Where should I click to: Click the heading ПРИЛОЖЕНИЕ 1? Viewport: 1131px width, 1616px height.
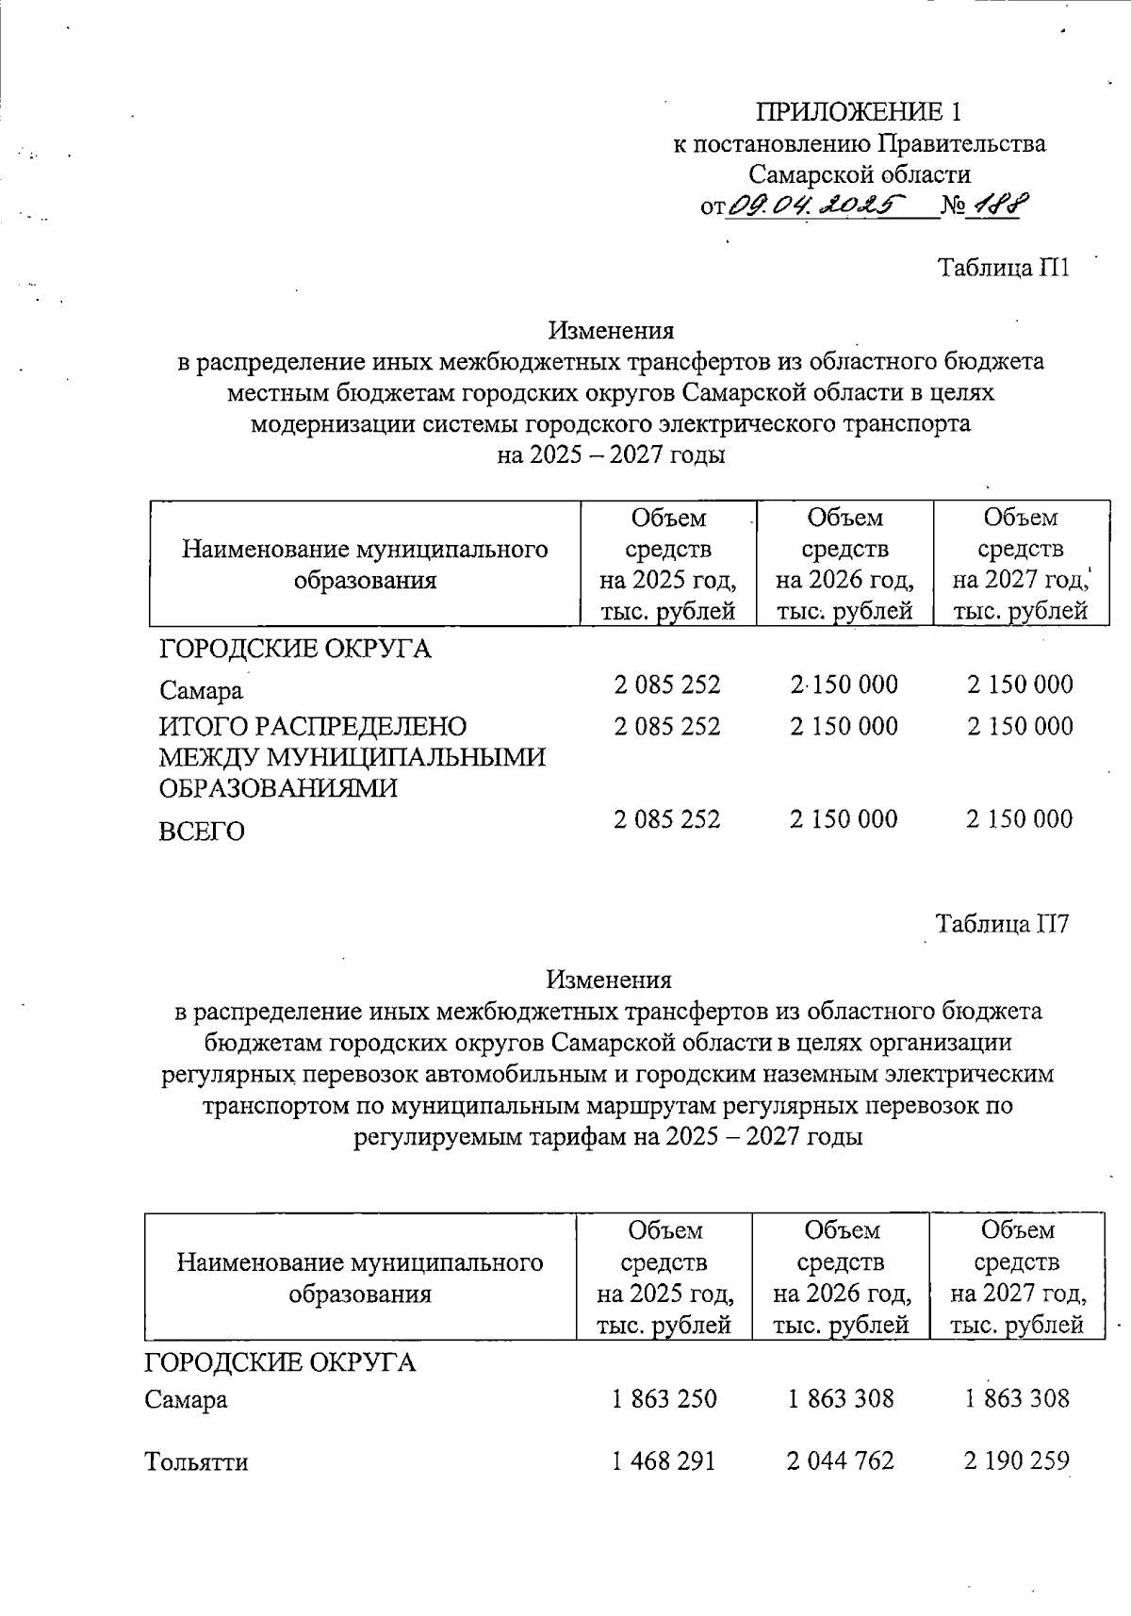pyautogui.click(x=859, y=112)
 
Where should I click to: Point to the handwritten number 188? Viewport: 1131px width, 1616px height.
pyautogui.click(x=1000, y=204)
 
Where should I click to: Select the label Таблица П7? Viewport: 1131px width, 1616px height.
pyautogui.click(x=1001, y=923)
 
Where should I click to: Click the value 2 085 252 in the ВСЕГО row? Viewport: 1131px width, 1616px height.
pyautogui.click(x=666, y=819)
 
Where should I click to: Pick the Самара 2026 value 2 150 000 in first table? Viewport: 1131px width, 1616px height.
pyautogui.click(x=844, y=684)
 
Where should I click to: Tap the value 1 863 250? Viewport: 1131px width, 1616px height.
pyautogui.click(x=664, y=1398)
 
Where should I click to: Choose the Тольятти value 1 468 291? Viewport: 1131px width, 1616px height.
pyautogui.click(x=664, y=1461)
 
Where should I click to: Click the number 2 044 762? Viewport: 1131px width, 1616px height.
pyautogui.click(x=840, y=1461)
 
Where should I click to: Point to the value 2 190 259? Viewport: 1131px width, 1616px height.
pyautogui.click(x=1016, y=1461)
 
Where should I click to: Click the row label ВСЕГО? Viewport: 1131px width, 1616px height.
pyautogui.click(x=202, y=832)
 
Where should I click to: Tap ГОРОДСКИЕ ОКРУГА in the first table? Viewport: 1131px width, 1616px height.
pyautogui.click(x=295, y=649)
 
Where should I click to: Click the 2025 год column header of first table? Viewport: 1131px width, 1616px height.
pyautogui.click(x=667, y=564)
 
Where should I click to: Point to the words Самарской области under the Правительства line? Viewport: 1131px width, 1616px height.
pyautogui.click(x=859, y=174)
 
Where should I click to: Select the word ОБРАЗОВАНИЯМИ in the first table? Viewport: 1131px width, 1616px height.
pyautogui.click(x=278, y=788)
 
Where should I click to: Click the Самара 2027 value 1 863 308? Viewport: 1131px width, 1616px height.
pyautogui.click(x=1016, y=1398)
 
